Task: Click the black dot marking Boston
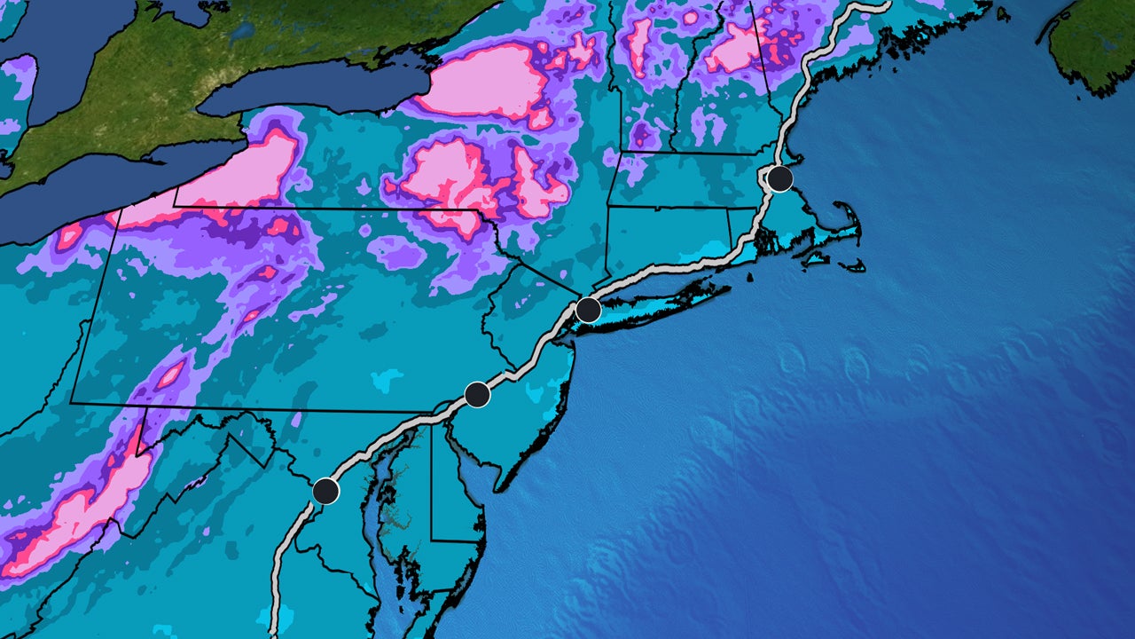(x=779, y=178)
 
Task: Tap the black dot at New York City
(x=588, y=311)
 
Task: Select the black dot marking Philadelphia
(x=477, y=394)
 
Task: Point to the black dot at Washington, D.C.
(x=326, y=490)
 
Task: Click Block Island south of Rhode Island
(x=750, y=276)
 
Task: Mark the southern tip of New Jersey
(x=499, y=489)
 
